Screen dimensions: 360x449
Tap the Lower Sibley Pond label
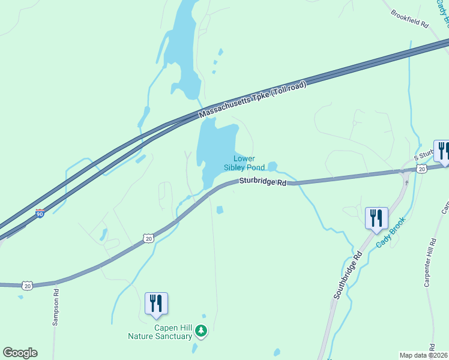click(x=244, y=163)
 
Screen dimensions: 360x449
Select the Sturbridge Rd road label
click(x=263, y=182)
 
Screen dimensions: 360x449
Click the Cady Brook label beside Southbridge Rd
click(x=391, y=232)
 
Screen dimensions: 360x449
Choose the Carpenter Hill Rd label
click(x=431, y=250)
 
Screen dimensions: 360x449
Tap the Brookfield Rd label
click(x=409, y=19)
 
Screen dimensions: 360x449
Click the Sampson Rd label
click(x=55, y=307)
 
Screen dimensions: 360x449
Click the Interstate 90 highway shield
click(x=40, y=214)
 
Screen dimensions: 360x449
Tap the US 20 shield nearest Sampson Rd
click(x=27, y=286)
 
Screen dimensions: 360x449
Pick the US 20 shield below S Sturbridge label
click(x=422, y=170)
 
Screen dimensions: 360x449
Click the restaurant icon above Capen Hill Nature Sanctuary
click(x=156, y=303)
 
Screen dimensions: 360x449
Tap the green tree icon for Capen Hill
click(x=202, y=330)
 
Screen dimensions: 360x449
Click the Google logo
click(x=20, y=353)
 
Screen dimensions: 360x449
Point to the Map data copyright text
click(x=424, y=355)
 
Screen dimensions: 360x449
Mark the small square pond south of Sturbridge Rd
click(x=220, y=210)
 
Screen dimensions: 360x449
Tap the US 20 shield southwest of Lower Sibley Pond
click(x=149, y=238)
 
